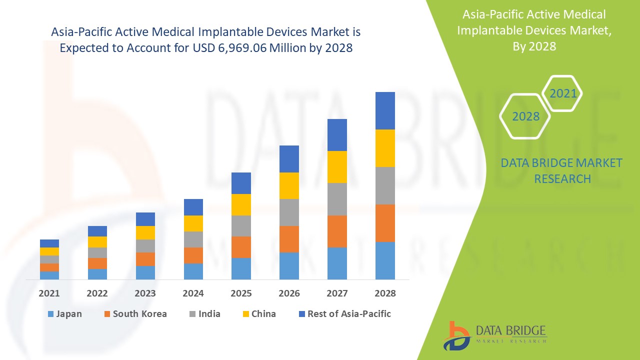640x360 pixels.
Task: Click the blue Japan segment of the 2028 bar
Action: pos(385,260)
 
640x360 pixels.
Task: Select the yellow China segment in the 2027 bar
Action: pos(337,167)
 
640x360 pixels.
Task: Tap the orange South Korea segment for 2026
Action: pos(289,239)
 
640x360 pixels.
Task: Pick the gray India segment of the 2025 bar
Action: pos(241,226)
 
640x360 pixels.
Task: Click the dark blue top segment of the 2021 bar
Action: pos(49,243)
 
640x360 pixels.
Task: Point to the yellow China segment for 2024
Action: pos(193,223)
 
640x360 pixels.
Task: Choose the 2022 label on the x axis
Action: pos(97,293)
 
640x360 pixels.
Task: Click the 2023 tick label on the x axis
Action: pos(145,293)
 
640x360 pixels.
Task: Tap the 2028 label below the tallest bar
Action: pos(385,293)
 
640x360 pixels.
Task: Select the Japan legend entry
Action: pos(64,314)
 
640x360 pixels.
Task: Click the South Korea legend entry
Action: pos(135,314)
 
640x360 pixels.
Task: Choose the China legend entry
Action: pos(258,314)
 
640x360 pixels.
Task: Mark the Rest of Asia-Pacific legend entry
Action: pos(344,314)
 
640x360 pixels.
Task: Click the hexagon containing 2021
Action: pos(563,93)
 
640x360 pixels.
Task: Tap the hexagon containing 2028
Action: pos(525,116)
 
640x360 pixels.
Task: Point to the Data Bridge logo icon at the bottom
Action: pos(456,335)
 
